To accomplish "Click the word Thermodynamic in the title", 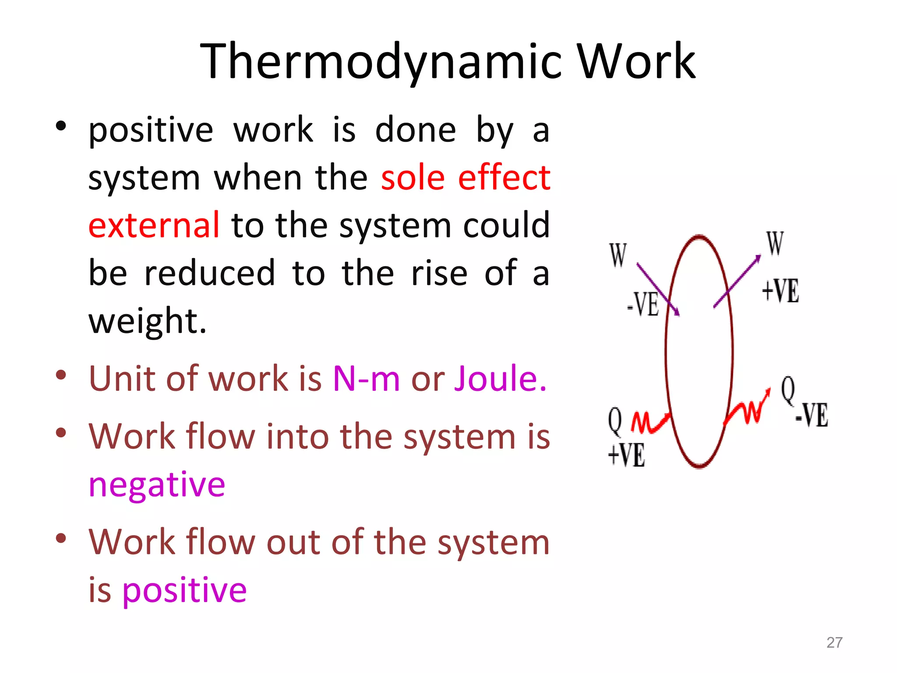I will pyautogui.click(x=381, y=61).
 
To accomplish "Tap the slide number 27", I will pyautogui.click(x=834, y=642).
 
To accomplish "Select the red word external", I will pyautogui.click(x=154, y=225).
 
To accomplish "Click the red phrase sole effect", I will pyautogui.click(x=465, y=177).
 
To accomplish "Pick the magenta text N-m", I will pyautogui.click(x=366, y=378).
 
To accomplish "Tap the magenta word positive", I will pyautogui.click(x=184, y=590).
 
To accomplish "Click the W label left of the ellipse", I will pyautogui.click(x=618, y=255).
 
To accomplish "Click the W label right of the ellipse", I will pyautogui.click(x=775, y=244).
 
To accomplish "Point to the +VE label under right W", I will pyautogui.click(x=780, y=290).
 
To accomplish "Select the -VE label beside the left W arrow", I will pyautogui.click(x=643, y=304).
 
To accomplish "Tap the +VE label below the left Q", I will pyautogui.click(x=626, y=455).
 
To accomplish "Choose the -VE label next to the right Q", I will pyautogui.click(x=812, y=414).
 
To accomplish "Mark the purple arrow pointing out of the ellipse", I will pyautogui.click(x=738, y=282).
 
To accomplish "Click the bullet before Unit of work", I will pyautogui.click(x=61, y=375).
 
